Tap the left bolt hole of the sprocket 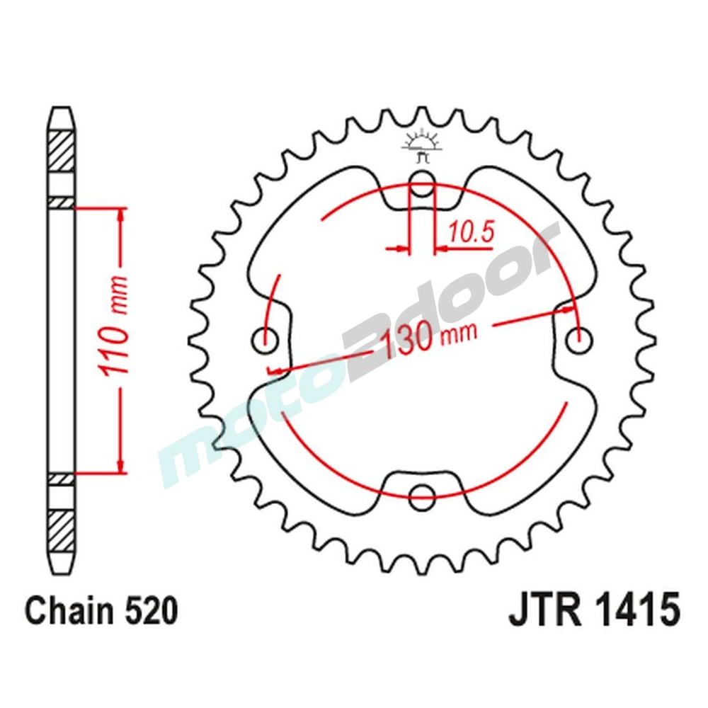click(265, 341)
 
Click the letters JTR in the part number click(544, 611)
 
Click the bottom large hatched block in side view click(62, 527)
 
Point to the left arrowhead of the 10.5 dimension click(403, 249)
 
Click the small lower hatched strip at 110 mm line click(62, 479)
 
